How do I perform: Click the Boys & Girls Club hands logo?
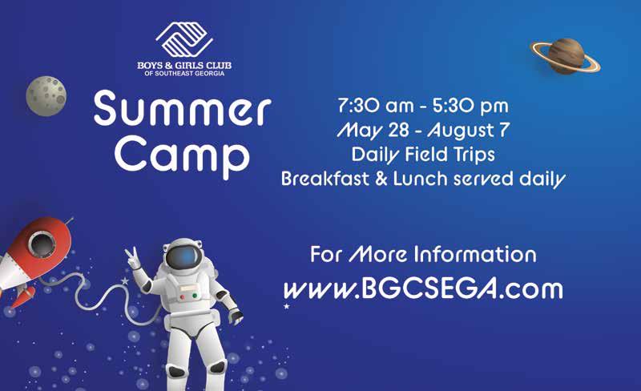tap(184, 40)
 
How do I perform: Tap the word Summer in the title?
tap(183, 109)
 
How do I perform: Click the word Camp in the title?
tap(183, 157)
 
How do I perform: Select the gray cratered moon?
tap(46, 96)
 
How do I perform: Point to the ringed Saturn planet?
tap(566, 56)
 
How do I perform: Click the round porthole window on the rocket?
tap(42, 244)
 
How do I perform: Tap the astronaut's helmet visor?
tap(184, 257)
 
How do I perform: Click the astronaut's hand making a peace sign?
tap(132, 259)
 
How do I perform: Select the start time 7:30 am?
tap(376, 106)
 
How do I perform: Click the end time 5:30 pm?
tap(470, 106)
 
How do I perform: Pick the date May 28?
tap(373, 131)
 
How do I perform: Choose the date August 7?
tap(469, 131)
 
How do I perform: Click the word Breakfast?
tap(325, 179)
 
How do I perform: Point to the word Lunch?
tap(420, 179)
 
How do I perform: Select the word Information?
tap(475, 255)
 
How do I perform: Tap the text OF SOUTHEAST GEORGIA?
tap(184, 74)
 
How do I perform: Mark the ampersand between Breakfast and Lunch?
tap(381, 179)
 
